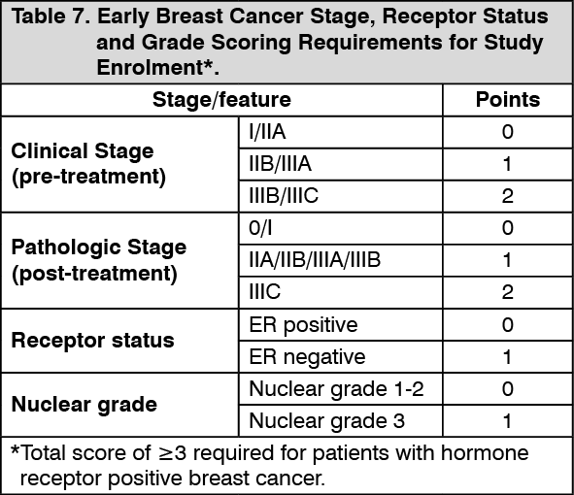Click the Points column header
508,100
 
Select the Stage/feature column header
221,100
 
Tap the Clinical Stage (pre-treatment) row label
88,164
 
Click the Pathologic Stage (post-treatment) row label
99,260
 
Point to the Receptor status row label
92,341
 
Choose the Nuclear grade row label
84,405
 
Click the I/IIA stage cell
267,132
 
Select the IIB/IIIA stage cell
280,163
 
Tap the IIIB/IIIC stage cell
284,196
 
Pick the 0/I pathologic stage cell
260,228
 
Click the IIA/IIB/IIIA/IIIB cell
315,260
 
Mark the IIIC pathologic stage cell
265,292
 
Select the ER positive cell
303,325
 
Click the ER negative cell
307,357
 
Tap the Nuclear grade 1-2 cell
336,388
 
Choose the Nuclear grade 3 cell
327,420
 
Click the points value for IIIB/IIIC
507,196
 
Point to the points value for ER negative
507,357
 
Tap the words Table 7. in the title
51,16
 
